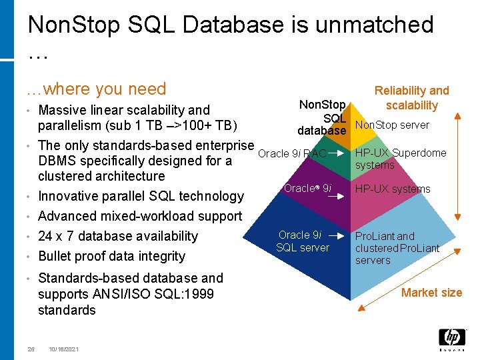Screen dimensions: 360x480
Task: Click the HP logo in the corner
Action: point(451,339)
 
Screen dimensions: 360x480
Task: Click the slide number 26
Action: point(31,349)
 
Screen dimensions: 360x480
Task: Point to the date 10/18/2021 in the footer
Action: point(64,349)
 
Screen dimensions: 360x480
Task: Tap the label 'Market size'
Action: point(431,292)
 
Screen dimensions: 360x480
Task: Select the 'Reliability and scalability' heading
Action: point(411,97)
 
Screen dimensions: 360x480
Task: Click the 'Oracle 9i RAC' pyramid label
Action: point(292,154)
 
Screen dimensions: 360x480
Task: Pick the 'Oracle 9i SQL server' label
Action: point(302,241)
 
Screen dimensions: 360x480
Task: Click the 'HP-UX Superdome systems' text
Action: point(400,159)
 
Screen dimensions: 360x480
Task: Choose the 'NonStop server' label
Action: point(392,125)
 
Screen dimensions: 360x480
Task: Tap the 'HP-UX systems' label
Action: point(393,189)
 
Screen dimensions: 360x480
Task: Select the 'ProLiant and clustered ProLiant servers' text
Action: point(397,248)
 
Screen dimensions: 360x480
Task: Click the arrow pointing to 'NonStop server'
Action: point(344,125)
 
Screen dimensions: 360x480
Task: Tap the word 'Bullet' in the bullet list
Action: point(56,256)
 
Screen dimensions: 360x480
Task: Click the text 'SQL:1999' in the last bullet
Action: point(186,294)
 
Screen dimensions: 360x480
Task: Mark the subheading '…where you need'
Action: point(96,89)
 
